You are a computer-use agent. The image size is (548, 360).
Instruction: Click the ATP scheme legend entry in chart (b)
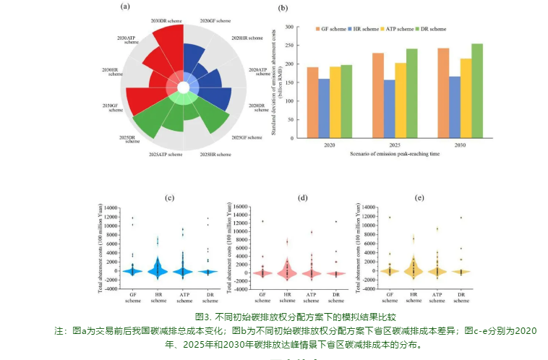tap(397, 29)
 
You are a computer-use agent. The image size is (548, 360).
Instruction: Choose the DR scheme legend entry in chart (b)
tap(432, 29)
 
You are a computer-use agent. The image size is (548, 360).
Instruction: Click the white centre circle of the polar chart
tap(184, 87)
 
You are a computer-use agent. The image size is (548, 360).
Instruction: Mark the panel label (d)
tap(303, 197)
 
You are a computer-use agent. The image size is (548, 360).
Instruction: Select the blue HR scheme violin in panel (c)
tap(158, 267)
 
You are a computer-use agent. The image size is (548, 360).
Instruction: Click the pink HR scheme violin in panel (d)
tap(288, 269)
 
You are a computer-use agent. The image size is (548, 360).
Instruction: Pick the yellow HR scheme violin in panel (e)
tap(413, 267)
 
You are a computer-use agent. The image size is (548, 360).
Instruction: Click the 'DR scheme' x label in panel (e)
tap(461, 299)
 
